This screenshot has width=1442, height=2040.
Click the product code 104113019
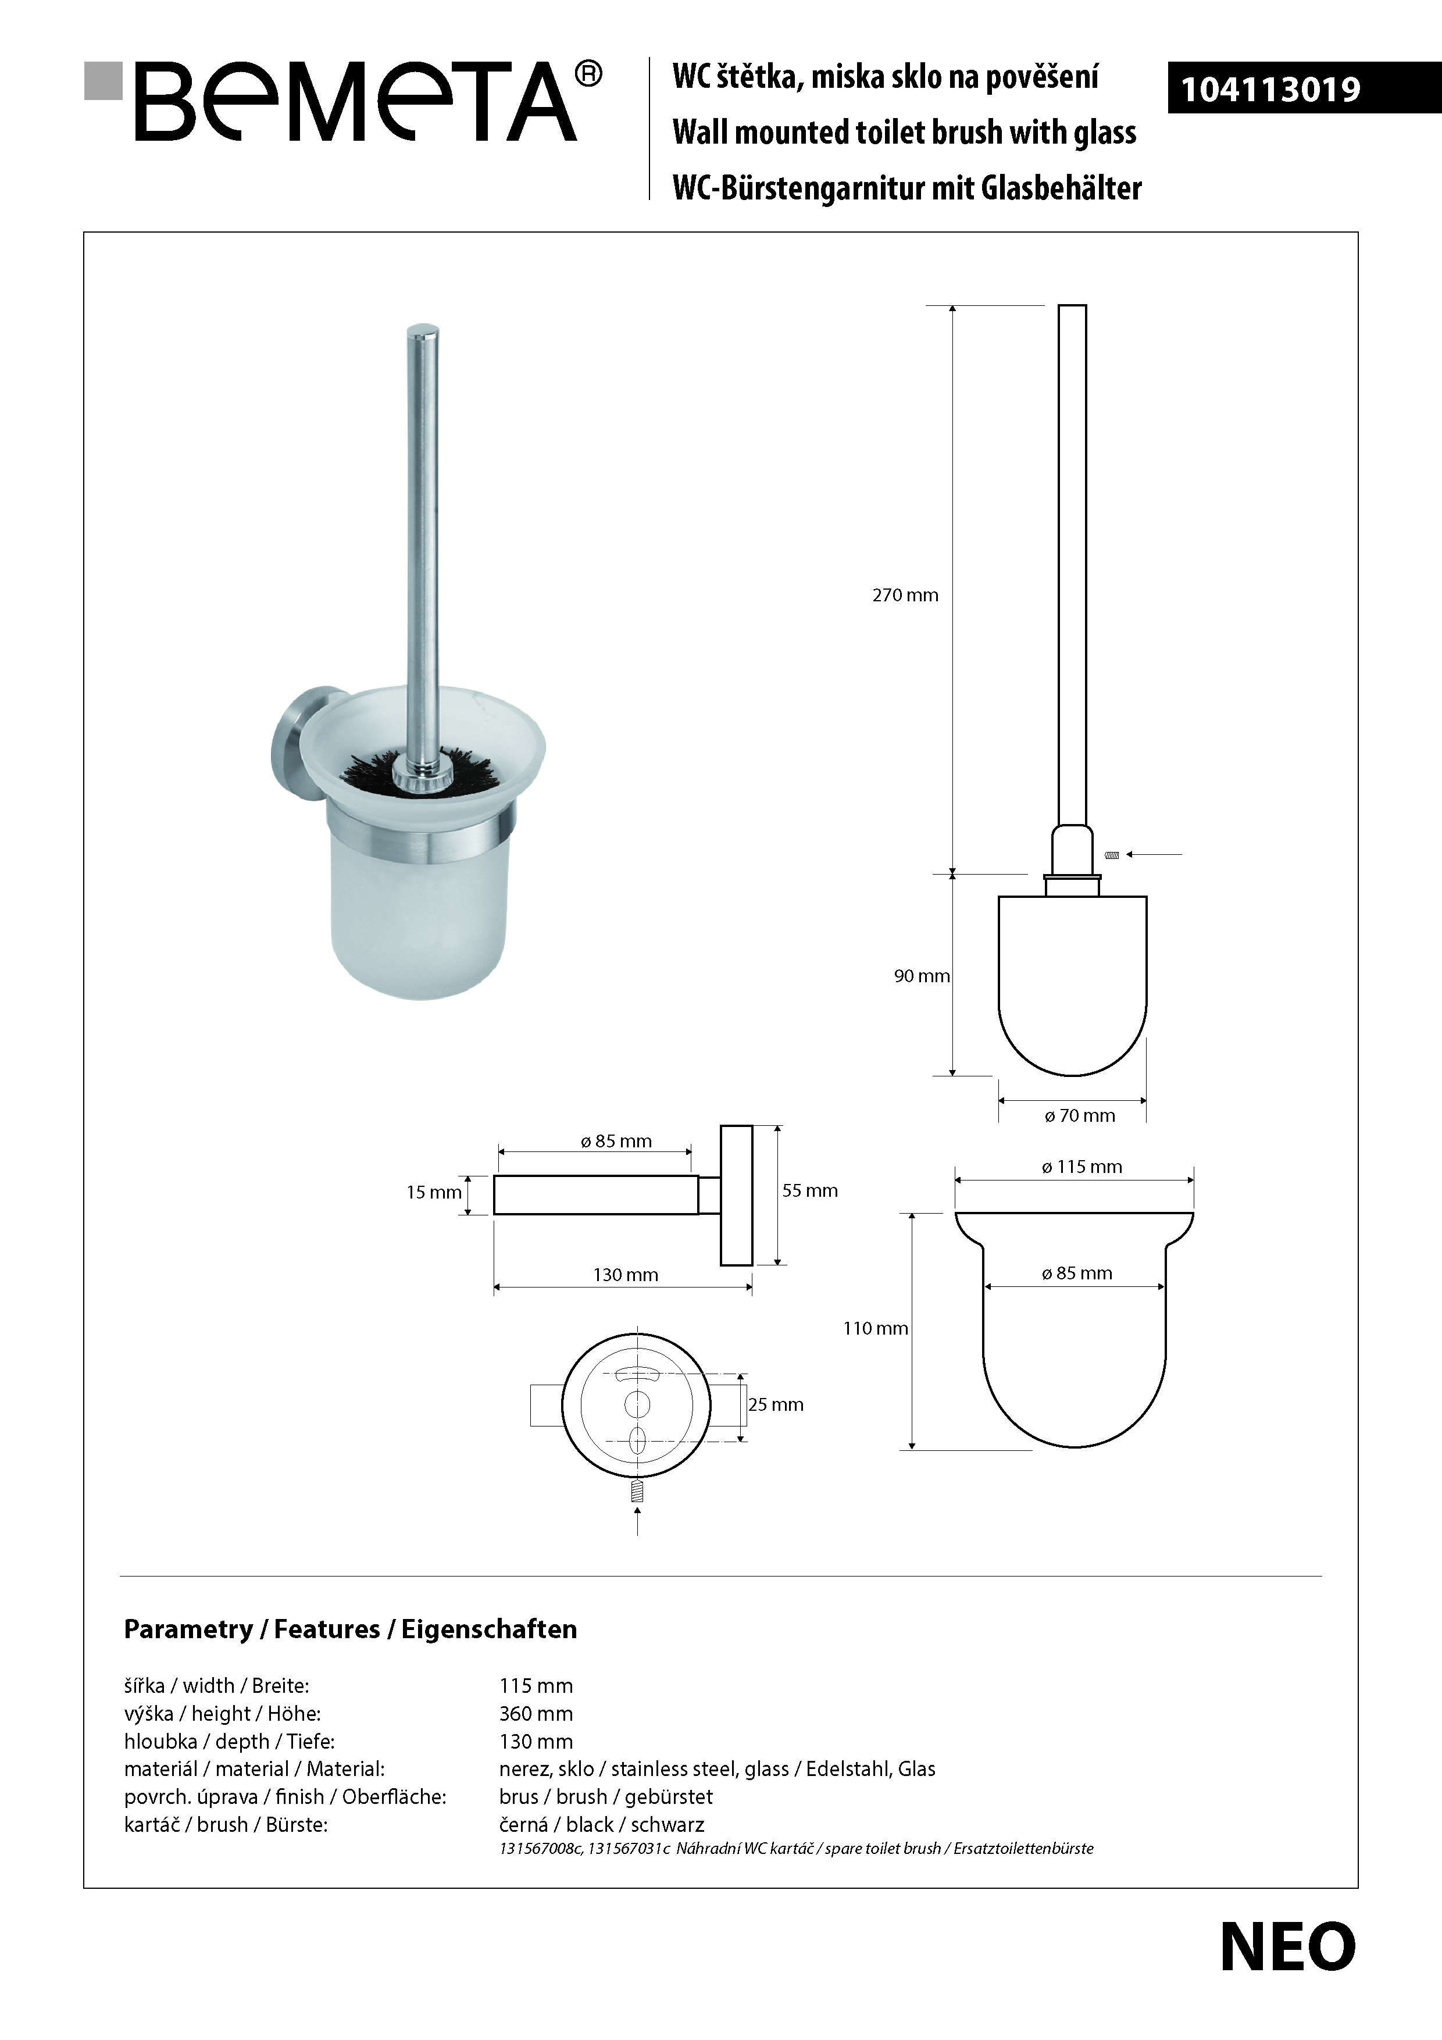1270,90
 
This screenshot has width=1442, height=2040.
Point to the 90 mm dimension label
922,976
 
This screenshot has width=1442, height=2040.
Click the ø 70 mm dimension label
1080,1116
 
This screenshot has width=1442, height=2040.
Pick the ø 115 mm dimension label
1081,1167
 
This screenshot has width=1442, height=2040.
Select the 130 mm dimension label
626,1275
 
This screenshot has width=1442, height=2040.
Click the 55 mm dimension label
809,1190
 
